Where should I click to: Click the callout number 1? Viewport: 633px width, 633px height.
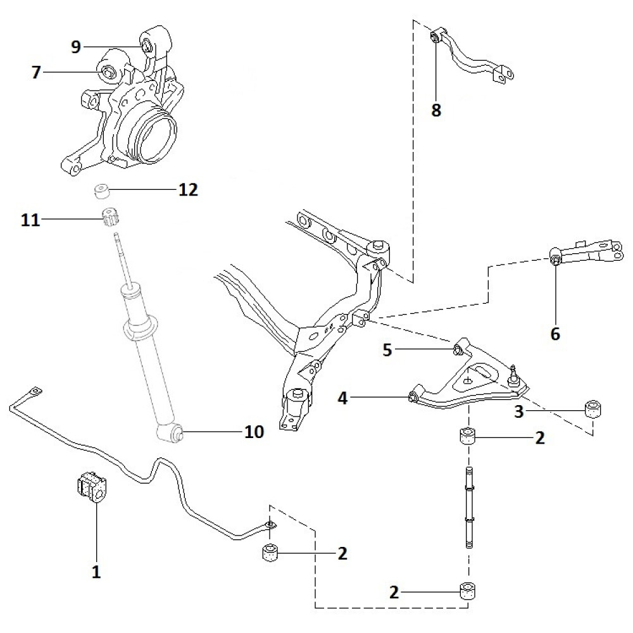(96, 572)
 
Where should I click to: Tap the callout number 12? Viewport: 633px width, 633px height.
(188, 189)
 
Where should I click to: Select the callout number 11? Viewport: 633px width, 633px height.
(30, 220)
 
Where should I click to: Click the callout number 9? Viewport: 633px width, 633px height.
(76, 47)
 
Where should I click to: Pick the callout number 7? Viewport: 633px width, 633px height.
(35, 72)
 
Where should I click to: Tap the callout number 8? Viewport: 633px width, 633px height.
(436, 110)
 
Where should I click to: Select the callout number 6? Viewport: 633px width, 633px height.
(555, 333)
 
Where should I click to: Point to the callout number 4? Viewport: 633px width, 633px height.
(342, 398)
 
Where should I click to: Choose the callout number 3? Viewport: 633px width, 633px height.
(518, 412)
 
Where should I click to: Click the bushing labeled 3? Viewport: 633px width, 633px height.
(593, 408)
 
